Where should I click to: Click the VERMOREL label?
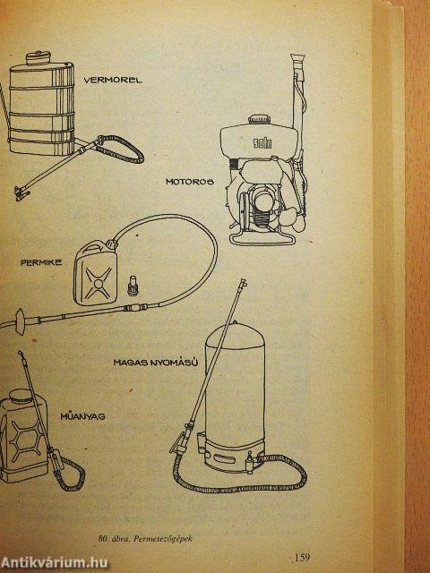(113, 80)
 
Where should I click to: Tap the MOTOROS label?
(189, 182)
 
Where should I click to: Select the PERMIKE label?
(41, 262)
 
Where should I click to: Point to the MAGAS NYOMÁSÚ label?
(156, 363)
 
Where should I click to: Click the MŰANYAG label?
(82, 415)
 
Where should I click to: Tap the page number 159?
(302, 557)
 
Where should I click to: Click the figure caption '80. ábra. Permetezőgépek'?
(145, 538)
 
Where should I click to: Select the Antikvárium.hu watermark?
(54, 562)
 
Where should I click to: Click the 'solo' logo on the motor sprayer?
(262, 143)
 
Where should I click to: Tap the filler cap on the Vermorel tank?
(38, 57)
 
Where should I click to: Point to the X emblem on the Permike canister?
(98, 283)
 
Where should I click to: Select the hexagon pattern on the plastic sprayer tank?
(27, 439)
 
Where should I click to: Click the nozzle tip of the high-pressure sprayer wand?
(243, 283)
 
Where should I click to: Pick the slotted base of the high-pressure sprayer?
(234, 455)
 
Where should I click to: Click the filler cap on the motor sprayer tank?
(259, 120)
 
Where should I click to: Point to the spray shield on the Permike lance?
(21, 321)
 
